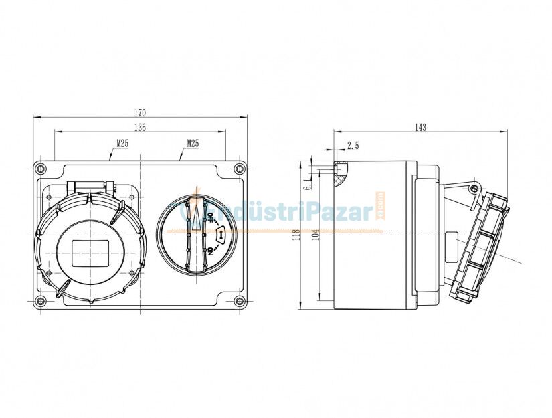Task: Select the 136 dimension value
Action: [140, 127]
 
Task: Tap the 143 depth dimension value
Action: [420, 127]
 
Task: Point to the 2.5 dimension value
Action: [353, 145]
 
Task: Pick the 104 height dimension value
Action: [314, 235]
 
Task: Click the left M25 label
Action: [122, 142]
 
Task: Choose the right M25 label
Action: [193, 142]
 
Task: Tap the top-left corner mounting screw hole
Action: [41, 167]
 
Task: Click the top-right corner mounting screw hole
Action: [239, 167]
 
